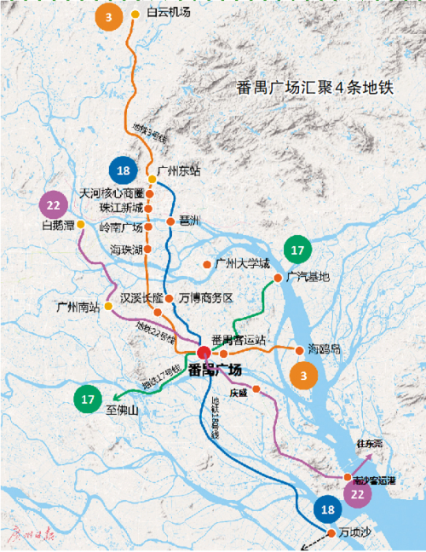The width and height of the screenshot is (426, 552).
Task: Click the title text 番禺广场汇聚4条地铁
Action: click(314, 89)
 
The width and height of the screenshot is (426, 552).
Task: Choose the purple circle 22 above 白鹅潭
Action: click(54, 205)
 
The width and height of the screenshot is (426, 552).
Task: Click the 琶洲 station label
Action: click(188, 221)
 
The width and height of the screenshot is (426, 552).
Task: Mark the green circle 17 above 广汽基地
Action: click(297, 250)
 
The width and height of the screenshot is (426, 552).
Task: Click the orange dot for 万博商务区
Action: click(170, 298)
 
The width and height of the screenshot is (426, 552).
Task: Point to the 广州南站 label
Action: click(78, 308)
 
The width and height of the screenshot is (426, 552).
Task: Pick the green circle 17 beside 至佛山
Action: click(87, 398)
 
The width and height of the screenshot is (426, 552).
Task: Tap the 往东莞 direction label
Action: click(371, 445)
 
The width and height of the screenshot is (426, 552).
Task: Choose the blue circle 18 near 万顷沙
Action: click(328, 509)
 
